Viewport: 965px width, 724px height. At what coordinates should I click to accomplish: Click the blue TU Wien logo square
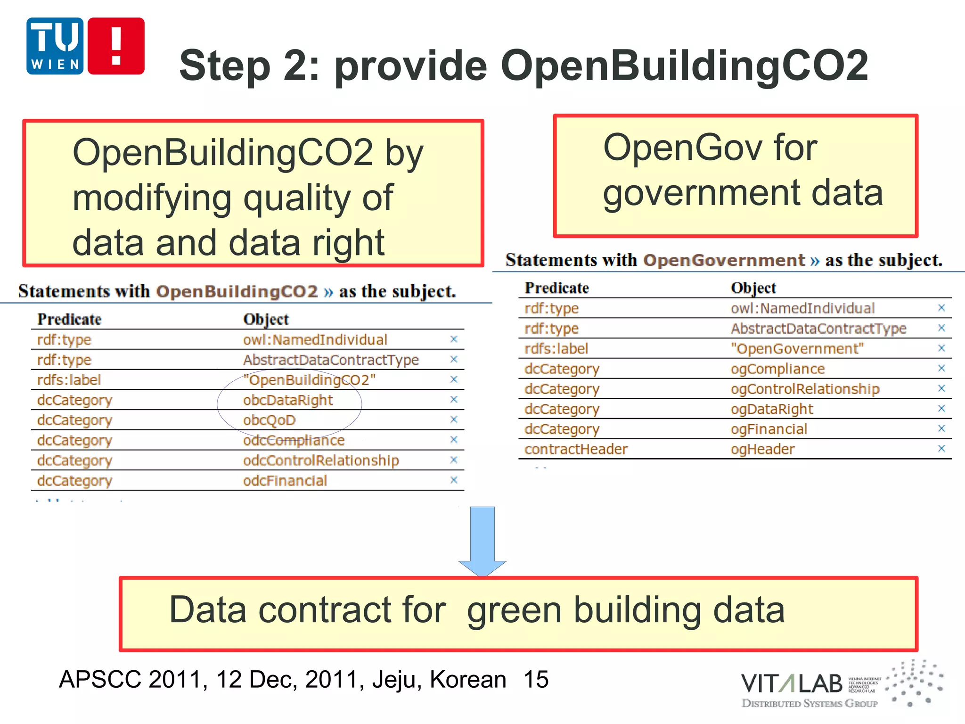tap(55, 46)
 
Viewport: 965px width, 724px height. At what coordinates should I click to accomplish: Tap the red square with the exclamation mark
tap(116, 46)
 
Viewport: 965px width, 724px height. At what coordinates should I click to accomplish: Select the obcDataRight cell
tap(288, 400)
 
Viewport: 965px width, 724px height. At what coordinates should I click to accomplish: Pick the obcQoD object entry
tap(269, 420)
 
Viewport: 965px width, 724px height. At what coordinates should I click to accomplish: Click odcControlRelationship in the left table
tap(321, 461)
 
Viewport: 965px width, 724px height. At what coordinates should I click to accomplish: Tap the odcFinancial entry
tap(285, 481)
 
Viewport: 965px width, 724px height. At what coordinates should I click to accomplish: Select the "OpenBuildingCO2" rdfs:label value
tap(309, 380)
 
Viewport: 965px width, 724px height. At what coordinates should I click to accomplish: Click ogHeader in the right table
tap(762, 450)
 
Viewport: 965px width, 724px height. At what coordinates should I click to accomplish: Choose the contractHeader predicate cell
tap(576, 450)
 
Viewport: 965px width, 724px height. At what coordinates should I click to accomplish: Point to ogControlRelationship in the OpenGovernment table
tap(805, 389)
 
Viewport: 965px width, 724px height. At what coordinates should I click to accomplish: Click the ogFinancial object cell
tap(769, 429)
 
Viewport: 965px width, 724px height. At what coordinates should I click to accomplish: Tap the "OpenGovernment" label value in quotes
tap(797, 349)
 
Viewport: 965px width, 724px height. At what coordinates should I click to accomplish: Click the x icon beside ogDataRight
tap(941, 408)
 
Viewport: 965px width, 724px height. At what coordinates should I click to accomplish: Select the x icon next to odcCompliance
tap(454, 440)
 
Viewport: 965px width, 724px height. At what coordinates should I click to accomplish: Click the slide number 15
tap(536, 679)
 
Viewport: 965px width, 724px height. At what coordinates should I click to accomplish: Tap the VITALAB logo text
tap(792, 684)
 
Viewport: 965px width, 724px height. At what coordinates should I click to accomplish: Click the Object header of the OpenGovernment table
tap(753, 288)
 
